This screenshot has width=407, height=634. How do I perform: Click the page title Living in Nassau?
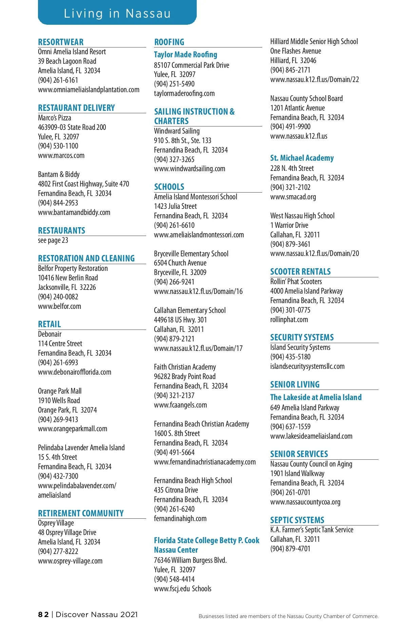[117, 14]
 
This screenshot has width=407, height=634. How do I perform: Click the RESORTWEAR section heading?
[61, 42]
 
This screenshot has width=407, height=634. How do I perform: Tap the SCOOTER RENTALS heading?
[300, 272]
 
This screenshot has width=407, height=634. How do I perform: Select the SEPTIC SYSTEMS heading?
[297, 520]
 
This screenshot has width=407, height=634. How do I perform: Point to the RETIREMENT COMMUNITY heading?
[81, 513]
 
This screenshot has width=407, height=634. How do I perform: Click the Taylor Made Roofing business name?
[186, 55]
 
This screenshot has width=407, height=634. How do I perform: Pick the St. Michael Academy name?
[302, 158]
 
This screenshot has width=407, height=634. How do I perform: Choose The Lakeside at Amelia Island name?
[316, 397]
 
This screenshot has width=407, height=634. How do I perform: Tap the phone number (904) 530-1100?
[58, 146]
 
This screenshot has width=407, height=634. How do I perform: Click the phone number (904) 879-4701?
[290, 549]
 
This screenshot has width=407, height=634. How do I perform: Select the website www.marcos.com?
[61, 156]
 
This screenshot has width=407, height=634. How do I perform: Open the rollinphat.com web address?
[289, 319]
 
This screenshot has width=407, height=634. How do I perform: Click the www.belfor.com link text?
[59, 306]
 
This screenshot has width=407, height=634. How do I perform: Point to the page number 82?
[43, 614]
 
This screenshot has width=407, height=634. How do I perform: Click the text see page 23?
[53, 240]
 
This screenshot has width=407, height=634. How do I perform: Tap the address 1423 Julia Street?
[175, 206]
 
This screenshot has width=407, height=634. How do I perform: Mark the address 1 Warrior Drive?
[289, 225]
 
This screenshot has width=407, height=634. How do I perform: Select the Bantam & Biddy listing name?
[59, 174]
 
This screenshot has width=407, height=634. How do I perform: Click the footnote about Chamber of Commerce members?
[288, 616]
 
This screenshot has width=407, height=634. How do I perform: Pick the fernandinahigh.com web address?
[180, 518]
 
